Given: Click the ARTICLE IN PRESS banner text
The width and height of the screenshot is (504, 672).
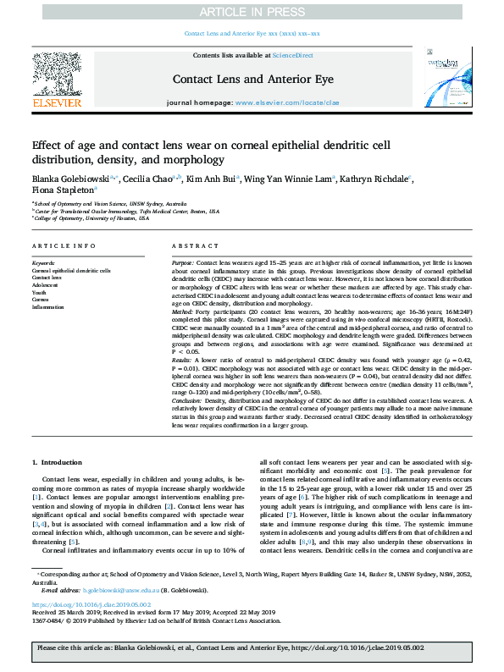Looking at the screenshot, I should pyautogui.click(x=252, y=11).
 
